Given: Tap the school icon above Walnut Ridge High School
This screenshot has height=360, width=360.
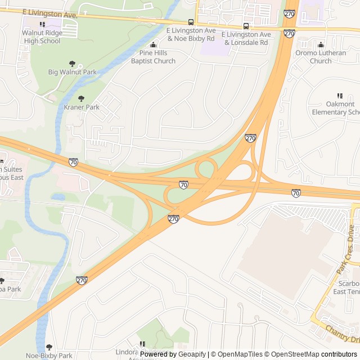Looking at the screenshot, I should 42,25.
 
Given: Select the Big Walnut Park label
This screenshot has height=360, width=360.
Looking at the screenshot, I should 72,72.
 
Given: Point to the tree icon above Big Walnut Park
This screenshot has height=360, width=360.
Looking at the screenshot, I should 72,64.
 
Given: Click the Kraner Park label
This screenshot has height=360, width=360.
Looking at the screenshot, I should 82,107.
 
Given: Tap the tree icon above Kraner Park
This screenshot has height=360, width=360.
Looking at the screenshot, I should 81,98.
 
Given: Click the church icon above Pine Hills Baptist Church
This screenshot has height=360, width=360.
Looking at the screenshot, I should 154,45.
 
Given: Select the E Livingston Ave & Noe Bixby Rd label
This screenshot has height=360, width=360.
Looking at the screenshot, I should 191,35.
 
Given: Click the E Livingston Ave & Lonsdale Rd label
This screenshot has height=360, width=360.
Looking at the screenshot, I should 247,38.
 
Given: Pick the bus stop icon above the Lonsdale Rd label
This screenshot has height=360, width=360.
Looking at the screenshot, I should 246,26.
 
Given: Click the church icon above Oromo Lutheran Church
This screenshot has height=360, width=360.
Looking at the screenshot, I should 321,45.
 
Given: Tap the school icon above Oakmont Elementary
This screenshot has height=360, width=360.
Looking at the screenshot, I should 339,96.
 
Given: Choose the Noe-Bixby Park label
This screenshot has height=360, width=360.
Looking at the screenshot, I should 49,355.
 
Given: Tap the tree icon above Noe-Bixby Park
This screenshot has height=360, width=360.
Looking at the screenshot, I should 49,347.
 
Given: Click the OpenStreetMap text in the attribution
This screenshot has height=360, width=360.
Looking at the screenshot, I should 292,354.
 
